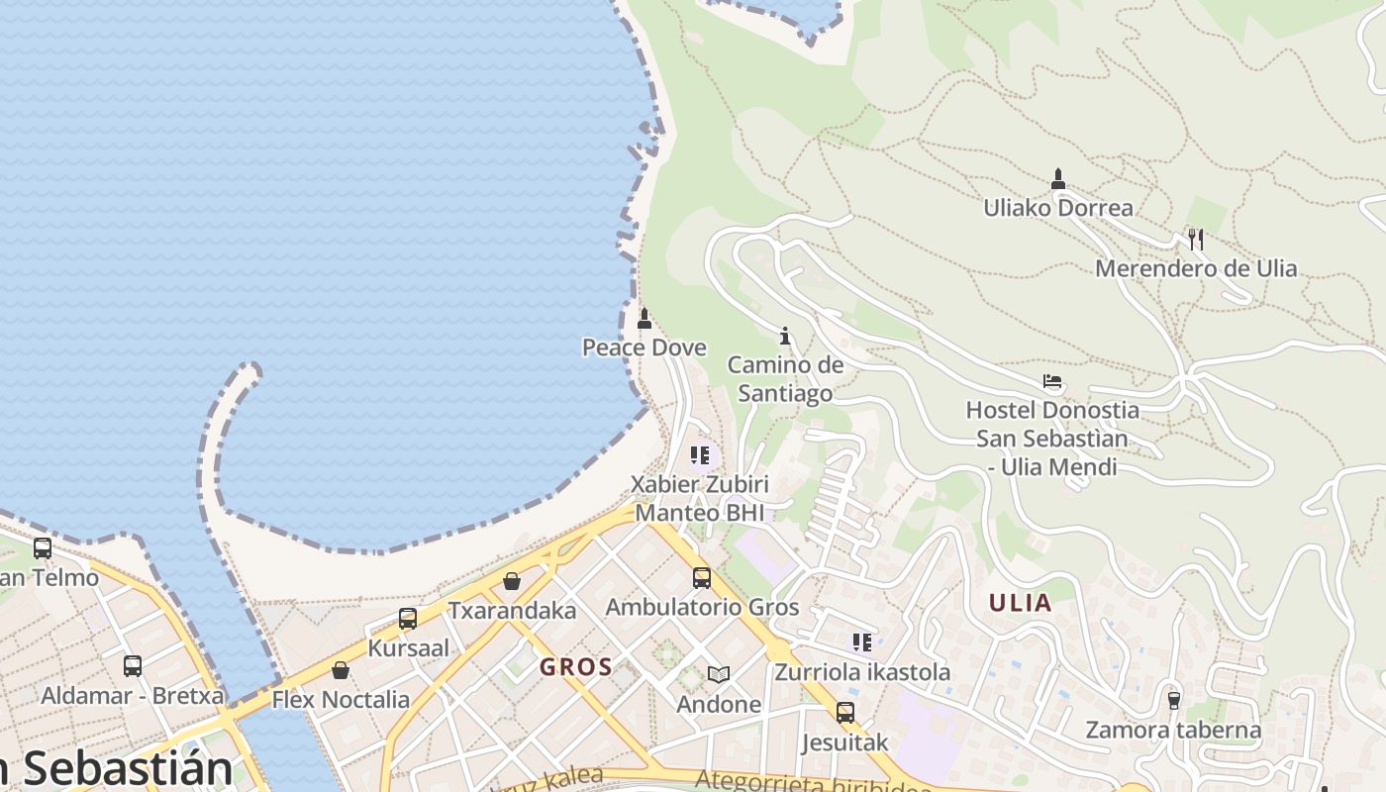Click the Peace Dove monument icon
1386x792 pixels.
click(x=644, y=319)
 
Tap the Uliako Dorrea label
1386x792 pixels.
click(x=1058, y=208)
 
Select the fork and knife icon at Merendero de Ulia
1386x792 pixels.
click(x=1196, y=239)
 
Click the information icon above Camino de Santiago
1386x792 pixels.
click(x=785, y=337)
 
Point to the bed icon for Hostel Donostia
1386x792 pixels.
click(x=1052, y=381)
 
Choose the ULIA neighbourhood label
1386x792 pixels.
click(x=1021, y=603)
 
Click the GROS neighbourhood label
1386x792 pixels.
click(x=576, y=667)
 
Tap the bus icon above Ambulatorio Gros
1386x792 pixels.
click(x=702, y=578)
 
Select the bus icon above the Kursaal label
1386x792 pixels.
click(x=408, y=620)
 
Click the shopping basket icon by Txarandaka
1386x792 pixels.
click(x=512, y=581)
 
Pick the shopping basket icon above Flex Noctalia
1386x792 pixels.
click(x=341, y=670)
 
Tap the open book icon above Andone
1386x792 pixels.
click(x=719, y=675)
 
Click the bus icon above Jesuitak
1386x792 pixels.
click(x=845, y=713)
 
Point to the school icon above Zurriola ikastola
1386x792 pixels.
click(x=862, y=643)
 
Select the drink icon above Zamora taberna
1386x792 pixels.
click(x=1174, y=700)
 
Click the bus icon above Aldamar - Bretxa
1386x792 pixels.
click(x=133, y=666)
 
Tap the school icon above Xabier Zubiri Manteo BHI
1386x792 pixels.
click(x=701, y=455)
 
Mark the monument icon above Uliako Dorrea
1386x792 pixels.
click(x=1058, y=179)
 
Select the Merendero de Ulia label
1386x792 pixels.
click(x=1196, y=268)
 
